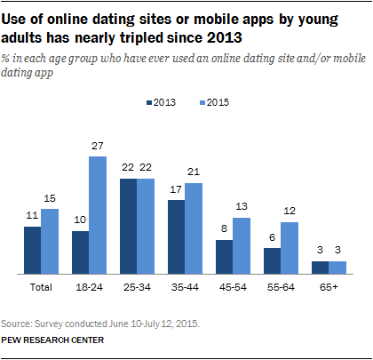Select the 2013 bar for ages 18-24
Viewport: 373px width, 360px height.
click(81, 252)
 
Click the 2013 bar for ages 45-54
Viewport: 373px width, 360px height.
click(226, 255)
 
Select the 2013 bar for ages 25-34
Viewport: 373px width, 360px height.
click(129, 228)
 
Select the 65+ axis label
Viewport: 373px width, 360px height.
click(329, 288)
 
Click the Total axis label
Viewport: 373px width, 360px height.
click(40, 288)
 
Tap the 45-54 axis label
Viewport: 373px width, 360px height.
click(234, 288)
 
